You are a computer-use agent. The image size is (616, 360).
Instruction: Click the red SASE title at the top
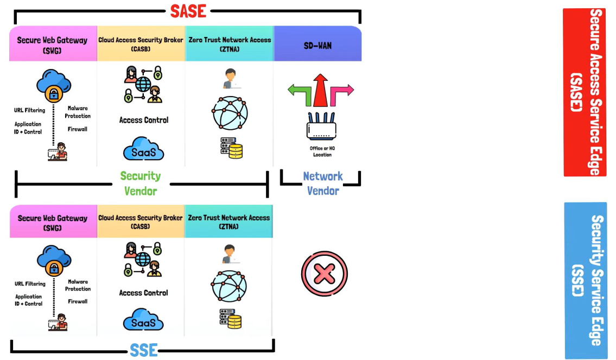pyautogui.click(x=188, y=11)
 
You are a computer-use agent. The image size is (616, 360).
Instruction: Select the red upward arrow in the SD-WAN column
pyautogui.click(x=320, y=90)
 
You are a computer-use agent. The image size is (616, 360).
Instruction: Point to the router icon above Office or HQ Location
pyautogui.click(x=322, y=127)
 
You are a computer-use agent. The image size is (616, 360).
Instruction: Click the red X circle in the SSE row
pyautogui.click(x=324, y=274)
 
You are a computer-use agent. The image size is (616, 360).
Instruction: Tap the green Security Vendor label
pyautogui.click(x=141, y=183)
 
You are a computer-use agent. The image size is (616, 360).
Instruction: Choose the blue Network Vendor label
pyautogui.click(x=323, y=183)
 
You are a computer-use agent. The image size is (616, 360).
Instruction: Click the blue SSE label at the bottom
pyautogui.click(x=143, y=350)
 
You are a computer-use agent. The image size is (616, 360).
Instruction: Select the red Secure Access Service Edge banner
pyautogui.click(x=585, y=92)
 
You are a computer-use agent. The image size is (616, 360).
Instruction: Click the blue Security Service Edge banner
pyautogui.click(x=586, y=280)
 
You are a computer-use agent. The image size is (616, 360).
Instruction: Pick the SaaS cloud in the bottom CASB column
pyautogui.click(x=143, y=321)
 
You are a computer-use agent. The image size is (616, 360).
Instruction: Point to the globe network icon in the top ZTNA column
pyautogui.click(x=230, y=113)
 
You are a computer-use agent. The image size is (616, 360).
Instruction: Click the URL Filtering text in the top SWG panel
pyautogui.click(x=30, y=110)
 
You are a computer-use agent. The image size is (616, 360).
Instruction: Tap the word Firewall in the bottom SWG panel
pyautogui.click(x=78, y=301)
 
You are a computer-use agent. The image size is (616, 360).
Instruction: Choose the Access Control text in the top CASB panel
pyautogui.click(x=144, y=120)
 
